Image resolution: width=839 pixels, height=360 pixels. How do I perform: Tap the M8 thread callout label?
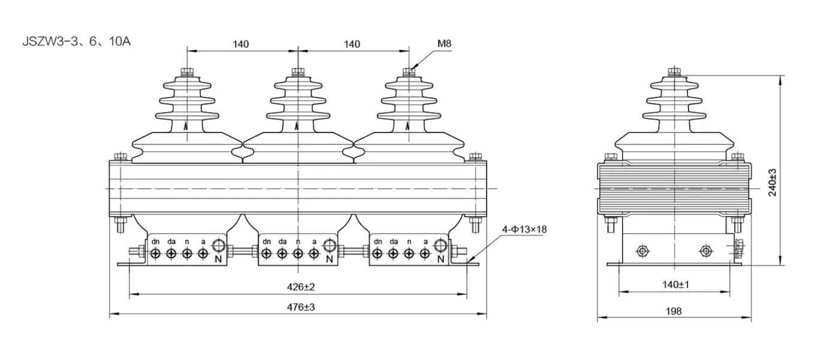(x=444, y=44)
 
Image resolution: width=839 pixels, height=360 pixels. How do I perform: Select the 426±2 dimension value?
(x=301, y=287)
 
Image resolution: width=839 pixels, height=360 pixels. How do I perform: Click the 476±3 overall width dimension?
(x=301, y=307)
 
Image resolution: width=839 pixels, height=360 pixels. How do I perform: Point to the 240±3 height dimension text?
(x=772, y=181)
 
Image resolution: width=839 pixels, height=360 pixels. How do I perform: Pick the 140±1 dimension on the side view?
(x=675, y=285)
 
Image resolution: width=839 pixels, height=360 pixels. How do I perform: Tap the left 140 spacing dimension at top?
(x=241, y=44)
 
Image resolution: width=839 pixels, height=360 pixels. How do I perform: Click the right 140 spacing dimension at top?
(x=352, y=44)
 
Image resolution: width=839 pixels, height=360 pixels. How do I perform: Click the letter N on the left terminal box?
(x=219, y=259)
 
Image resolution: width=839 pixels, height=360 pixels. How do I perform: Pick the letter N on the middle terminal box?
(x=329, y=259)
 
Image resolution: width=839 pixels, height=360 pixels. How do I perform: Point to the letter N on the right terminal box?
(x=440, y=259)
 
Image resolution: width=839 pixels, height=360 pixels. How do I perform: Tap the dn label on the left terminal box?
(x=156, y=241)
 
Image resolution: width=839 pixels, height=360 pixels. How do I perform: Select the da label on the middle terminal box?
(x=282, y=241)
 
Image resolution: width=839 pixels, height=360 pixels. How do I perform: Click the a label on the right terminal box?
(x=425, y=241)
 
